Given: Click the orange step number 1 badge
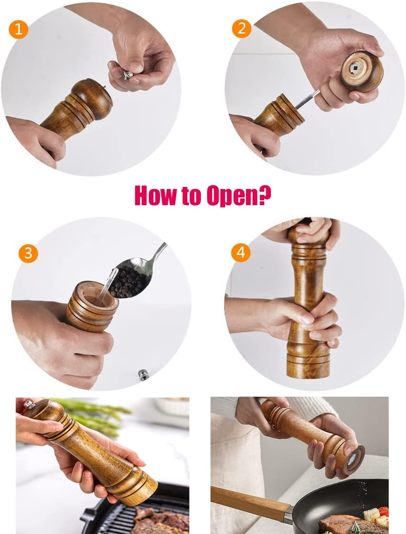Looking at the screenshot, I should coord(19,30).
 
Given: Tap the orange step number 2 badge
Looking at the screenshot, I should coord(241,28).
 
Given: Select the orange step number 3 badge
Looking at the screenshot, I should coord(28,253).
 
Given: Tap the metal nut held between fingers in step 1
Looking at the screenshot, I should coord(127,74).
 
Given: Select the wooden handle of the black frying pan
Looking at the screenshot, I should coord(248,500).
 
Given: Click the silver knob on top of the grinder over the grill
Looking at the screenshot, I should coord(28,403).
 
